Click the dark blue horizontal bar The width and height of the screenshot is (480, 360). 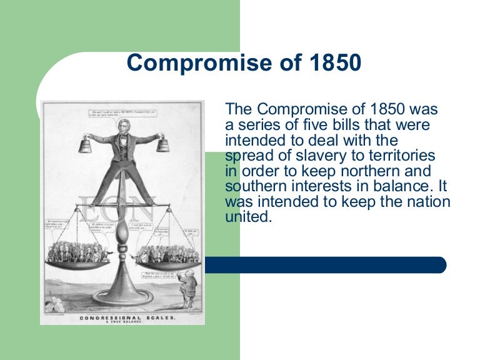(x=325, y=265)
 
